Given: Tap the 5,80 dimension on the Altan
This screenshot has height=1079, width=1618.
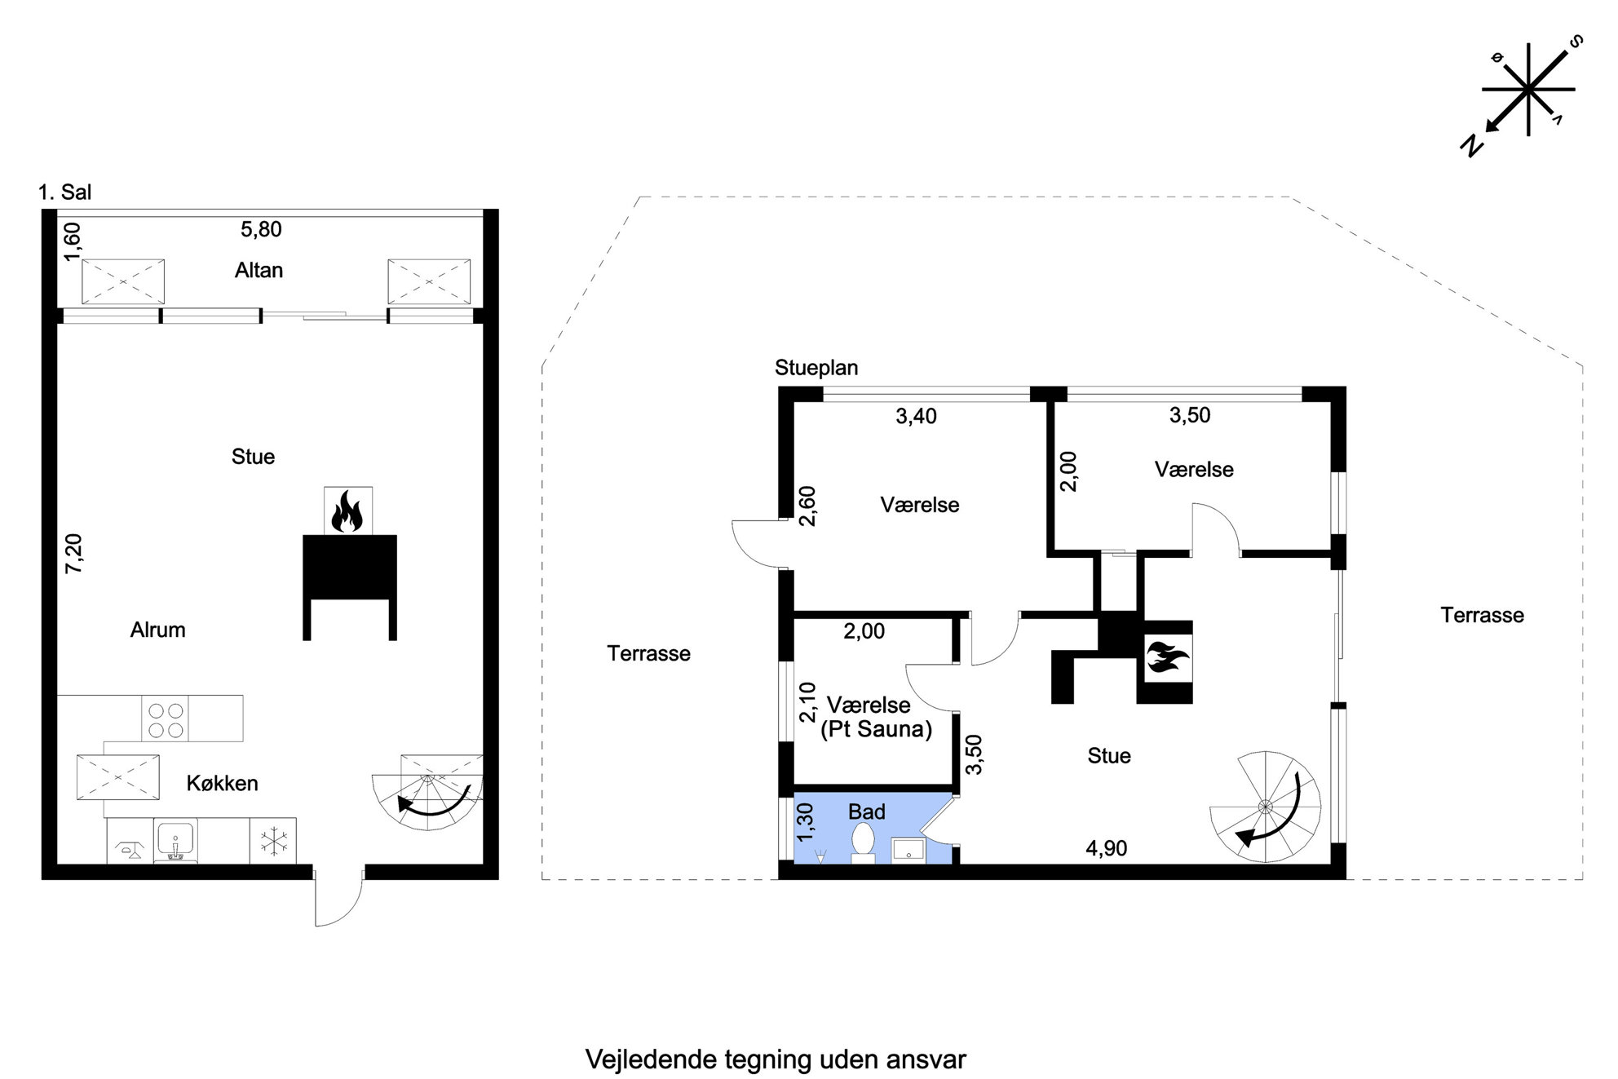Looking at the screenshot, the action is pyautogui.click(x=261, y=229).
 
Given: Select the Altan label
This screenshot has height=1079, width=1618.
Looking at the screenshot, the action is pyautogui.click(x=259, y=270).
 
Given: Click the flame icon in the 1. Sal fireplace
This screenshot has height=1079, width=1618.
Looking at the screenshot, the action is pyautogui.click(x=347, y=511).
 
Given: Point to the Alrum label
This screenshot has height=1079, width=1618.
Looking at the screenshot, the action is pyautogui.click(x=157, y=630).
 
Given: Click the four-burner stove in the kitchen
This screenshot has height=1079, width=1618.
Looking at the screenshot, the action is pyautogui.click(x=165, y=719).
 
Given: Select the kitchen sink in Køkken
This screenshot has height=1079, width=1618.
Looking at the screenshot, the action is pyautogui.click(x=175, y=841).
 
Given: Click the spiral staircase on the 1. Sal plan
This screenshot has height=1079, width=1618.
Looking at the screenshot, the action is pyautogui.click(x=427, y=792).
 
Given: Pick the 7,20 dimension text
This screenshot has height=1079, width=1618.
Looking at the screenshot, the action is pyautogui.click(x=73, y=553).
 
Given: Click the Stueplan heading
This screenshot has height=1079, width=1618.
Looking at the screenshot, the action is pyautogui.click(x=816, y=368).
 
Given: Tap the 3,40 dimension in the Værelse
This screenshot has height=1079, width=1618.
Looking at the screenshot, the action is pyautogui.click(x=916, y=416).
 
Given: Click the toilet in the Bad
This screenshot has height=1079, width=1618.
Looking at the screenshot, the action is pyautogui.click(x=863, y=843).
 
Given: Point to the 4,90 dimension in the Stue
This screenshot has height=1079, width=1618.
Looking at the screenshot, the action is pyautogui.click(x=1106, y=848).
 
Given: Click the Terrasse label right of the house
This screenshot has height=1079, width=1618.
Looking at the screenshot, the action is pyautogui.click(x=1482, y=615).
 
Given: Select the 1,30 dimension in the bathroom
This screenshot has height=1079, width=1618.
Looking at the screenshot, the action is pyautogui.click(x=806, y=823).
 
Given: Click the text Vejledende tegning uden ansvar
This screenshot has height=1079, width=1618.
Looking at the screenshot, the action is pyautogui.click(x=776, y=1059).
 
